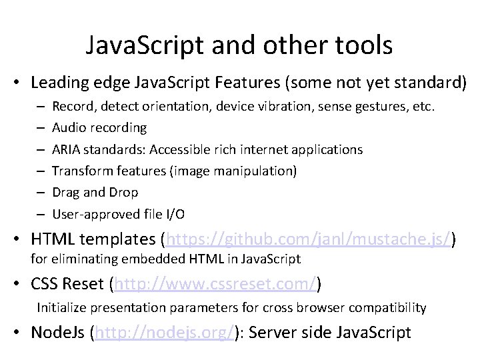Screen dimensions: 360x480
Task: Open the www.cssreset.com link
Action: (215, 285)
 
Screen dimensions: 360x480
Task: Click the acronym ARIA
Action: (66, 149)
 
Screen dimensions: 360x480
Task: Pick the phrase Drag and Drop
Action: (95, 192)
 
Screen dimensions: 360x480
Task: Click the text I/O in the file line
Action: (175, 214)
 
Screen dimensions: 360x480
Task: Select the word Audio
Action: (67, 127)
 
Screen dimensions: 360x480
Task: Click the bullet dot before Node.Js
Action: (21, 331)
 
